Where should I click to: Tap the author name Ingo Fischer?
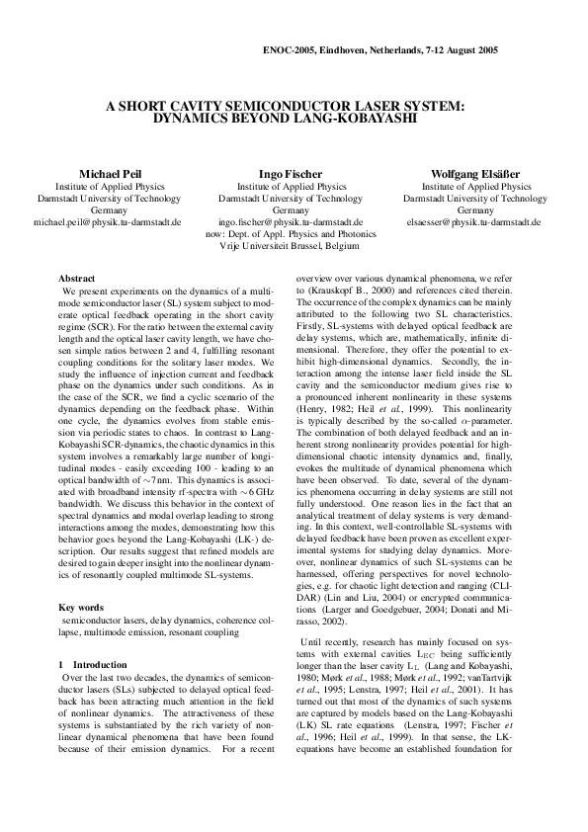pos(290,173)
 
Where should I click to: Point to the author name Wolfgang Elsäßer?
pos(475,173)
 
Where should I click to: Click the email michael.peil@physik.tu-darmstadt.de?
pos(108,223)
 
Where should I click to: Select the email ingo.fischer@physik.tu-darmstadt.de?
pos(290,223)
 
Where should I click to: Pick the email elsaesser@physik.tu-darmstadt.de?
pos(475,223)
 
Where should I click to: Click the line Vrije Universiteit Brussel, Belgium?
pos(290,248)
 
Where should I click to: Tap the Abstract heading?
pos(77,280)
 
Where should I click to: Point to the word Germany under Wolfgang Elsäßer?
pos(475,210)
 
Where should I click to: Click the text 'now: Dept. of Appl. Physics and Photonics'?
pos(290,236)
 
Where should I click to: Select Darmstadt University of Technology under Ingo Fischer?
pos(290,199)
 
